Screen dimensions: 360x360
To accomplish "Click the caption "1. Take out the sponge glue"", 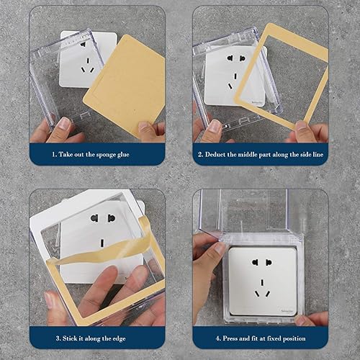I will point(96,154).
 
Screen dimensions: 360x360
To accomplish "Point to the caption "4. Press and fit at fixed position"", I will point(261,336).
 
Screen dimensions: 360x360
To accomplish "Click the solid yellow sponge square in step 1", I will point(125,86).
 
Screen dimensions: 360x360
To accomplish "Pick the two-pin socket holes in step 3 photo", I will point(103,217).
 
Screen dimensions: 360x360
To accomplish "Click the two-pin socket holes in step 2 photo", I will point(236,58).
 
